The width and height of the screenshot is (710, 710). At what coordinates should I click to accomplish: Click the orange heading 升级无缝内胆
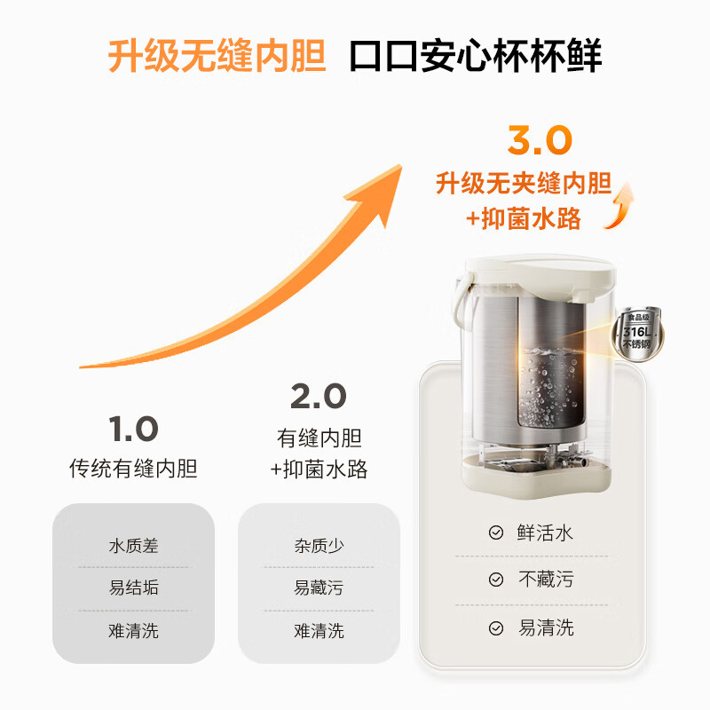pos(217,56)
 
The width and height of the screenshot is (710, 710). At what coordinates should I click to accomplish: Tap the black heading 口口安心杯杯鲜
pos(475,56)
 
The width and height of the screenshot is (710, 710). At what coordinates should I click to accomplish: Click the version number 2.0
pos(319,397)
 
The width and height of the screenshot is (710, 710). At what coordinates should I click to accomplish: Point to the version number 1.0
pos(133,430)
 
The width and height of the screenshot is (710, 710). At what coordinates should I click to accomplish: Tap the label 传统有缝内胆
pos(133,468)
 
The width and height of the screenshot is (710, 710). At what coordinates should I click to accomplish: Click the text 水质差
pos(133,546)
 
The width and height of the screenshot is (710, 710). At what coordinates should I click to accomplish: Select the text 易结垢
pos(133,588)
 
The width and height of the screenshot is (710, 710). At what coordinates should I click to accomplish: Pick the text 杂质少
pos(319,546)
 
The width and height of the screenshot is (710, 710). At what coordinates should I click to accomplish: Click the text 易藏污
pos(319,588)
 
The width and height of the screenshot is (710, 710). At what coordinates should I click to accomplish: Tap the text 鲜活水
pos(545,532)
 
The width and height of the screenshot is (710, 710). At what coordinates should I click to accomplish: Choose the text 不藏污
pos(545,580)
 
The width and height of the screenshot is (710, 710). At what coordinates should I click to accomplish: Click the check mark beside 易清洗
pos(496,628)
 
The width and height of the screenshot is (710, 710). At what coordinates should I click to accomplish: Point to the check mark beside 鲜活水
pos(496,533)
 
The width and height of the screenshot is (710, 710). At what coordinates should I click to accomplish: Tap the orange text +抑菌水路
pos(524,218)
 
